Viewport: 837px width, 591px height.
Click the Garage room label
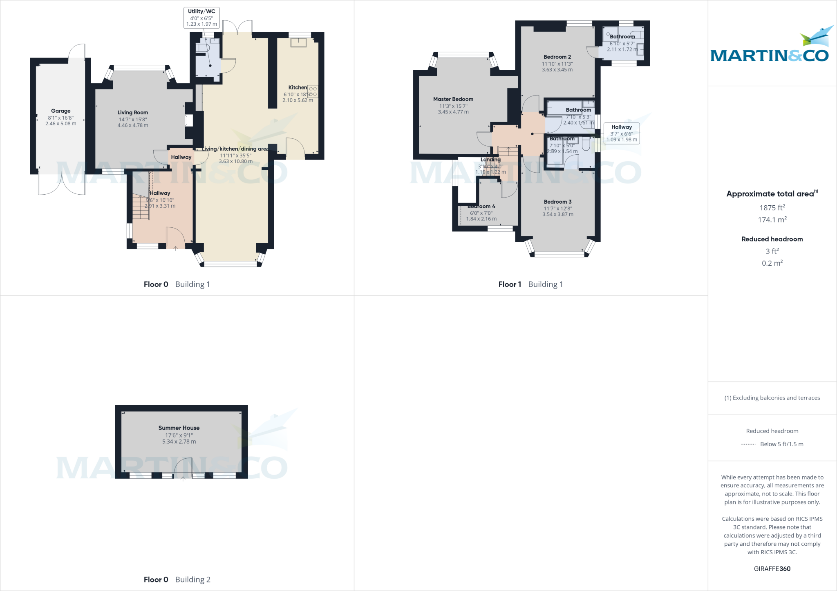[60, 111]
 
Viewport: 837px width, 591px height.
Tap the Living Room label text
[132, 112]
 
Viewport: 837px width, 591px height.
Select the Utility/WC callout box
[201, 18]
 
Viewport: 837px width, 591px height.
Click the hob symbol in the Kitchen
[313, 91]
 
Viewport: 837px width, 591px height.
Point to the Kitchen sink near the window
[298, 42]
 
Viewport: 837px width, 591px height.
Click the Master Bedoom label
[453, 99]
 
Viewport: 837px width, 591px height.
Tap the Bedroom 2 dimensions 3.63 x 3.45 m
[557, 70]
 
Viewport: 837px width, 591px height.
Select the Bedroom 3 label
[557, 202]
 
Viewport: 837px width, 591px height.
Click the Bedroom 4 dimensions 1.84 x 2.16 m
[481, 219]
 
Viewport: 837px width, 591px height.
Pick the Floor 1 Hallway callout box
[621, 133]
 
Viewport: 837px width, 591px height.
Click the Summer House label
[179, 428]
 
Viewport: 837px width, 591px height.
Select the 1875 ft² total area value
[772, 208]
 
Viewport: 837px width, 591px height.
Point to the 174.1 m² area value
[772, 220]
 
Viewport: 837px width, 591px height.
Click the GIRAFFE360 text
[772, 569]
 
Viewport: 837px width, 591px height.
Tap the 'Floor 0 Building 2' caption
[177, 579]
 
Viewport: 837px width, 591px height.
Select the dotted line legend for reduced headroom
[748, 444]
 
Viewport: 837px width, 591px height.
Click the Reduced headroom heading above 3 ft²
[772, 239]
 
